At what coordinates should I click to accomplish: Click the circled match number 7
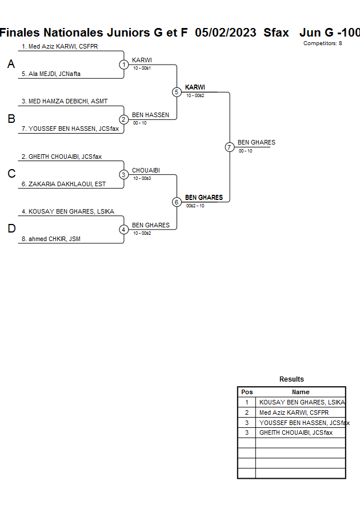(x=230, y=147)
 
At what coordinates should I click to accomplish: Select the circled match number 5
(x=177, y=92)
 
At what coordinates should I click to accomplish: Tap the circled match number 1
(x=124, y=65)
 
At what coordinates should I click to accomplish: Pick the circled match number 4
(x=124, y=230)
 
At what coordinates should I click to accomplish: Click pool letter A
(x=11, y=65)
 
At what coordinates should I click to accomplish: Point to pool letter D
(x=11, y=229)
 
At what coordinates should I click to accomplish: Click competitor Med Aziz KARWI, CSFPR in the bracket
(x=59, y=46)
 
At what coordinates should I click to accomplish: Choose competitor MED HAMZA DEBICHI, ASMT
(x=65, y=101)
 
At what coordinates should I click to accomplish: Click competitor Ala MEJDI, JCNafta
(x=51, y=74)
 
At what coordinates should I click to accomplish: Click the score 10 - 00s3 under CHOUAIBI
(x=142, y=178)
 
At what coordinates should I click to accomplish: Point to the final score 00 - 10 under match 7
(x=245, y=151)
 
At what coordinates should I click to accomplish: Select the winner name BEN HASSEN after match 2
(x=150, y=115)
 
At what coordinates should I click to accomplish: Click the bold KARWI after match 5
(x=195, y=87)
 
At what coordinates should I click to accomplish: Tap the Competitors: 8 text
(x=322, y=43)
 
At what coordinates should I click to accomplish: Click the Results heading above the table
(x=291, y=379)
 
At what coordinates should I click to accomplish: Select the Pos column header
(x=247, y=392)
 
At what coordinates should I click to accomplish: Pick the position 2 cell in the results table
(x=247, y=412)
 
